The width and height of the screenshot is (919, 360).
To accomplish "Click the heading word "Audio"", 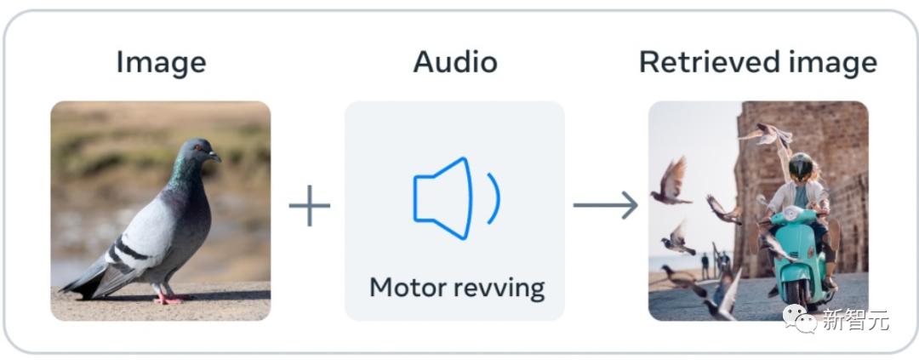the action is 454,61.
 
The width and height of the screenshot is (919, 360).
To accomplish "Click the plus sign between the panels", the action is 310,205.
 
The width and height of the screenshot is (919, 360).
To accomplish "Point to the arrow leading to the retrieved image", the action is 606,205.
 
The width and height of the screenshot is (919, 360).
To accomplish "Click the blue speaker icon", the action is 443,198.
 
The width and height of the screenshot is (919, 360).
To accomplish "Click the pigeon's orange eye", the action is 197,148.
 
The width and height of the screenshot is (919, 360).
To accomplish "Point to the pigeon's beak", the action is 214,156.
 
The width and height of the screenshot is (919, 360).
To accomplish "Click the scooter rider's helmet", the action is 800,167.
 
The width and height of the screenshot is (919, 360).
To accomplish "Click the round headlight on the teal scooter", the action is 792,214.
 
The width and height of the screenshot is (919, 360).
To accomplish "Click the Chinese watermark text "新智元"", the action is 855,319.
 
